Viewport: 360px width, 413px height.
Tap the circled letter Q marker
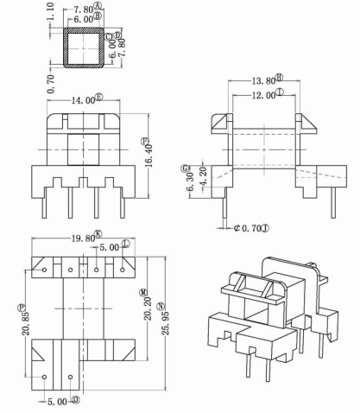click(x=76, y=400)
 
